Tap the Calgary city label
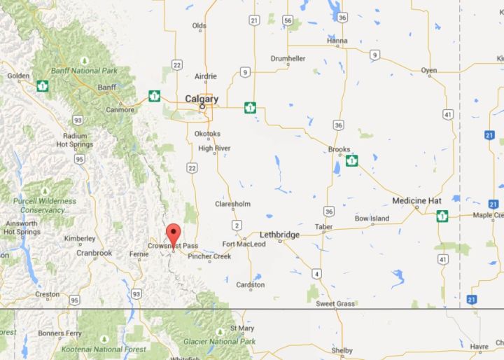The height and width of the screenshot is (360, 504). click(202, 99)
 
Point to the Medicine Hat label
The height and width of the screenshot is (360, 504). click(416, 201)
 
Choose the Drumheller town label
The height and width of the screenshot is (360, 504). click(288, 58)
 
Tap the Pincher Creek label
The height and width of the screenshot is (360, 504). click(209, 256)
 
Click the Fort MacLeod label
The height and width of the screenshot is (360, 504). click(244, 244)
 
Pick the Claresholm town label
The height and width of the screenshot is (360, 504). click(232, 205)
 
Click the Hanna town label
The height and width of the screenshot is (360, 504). click(337, 41)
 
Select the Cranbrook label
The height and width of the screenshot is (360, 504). click(94, 253)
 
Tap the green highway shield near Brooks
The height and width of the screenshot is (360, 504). click(351, 160)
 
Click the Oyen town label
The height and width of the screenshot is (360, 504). click(428, 71)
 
